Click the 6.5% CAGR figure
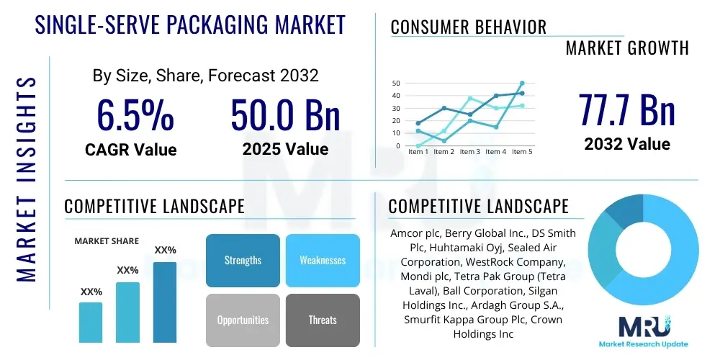[135, 115]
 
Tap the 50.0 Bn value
[285, 115]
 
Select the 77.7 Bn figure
[626, 109]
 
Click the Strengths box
[243, 260]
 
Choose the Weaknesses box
[323, 260]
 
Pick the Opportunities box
[243, 320]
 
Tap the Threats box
[323, 320]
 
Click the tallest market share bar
[165, 302]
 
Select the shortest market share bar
[91, 322]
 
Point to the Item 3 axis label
[469, 152]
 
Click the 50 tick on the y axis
[396, 84]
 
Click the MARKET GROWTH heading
[626, 48]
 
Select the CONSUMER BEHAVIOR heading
[469, 27]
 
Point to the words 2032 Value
[627, 143]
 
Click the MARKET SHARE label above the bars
[107, 241]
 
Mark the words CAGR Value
[131, 150]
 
